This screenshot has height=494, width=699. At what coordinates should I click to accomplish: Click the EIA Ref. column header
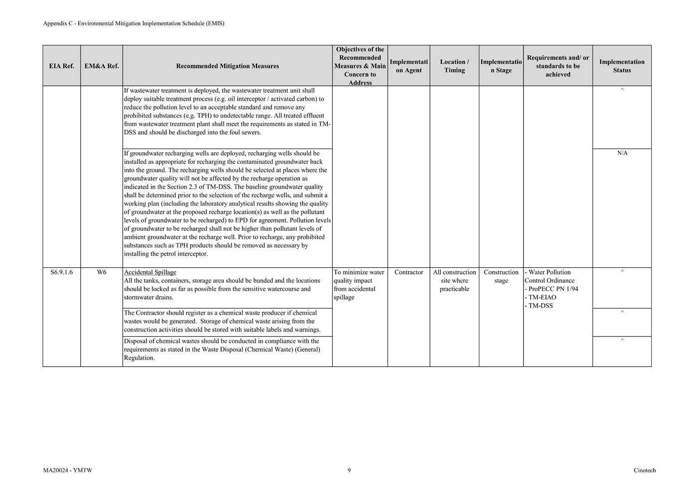[x=62, y=66]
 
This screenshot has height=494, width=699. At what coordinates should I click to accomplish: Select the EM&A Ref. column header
[x=102, y=66]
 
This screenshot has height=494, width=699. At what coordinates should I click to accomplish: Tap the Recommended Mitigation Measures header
[x=227, y=66]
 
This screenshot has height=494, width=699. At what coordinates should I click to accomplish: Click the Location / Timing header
[x=454, y=66]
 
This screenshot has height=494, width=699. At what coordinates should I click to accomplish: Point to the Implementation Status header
[x=622, y=66]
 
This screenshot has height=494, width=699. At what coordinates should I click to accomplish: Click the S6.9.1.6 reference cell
[x=62, y=272]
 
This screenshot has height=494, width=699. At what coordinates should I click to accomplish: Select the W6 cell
[x=102, y=272]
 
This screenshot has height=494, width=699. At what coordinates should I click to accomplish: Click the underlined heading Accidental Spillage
[x=150, y=272]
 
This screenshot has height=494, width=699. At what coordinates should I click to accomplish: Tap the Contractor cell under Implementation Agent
[x=409, y=272]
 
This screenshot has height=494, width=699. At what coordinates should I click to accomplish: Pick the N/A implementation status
[x=622, y=153]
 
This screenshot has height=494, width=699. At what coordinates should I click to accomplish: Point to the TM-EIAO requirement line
[x=542, y=297]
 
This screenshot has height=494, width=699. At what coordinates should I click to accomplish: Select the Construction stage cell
[x=501, y=276]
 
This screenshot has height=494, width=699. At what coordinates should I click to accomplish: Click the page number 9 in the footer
[x=349, y=470]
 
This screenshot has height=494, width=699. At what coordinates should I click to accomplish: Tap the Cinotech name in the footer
[x=645, y=470]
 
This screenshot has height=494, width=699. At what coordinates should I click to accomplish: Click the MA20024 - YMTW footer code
[x=68, y=470]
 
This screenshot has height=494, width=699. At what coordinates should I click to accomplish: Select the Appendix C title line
[x=134, y=23]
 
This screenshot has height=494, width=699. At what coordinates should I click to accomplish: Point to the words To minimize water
[x=359, y=272]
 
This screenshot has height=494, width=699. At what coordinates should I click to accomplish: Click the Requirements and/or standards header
[x=558, y=66]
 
